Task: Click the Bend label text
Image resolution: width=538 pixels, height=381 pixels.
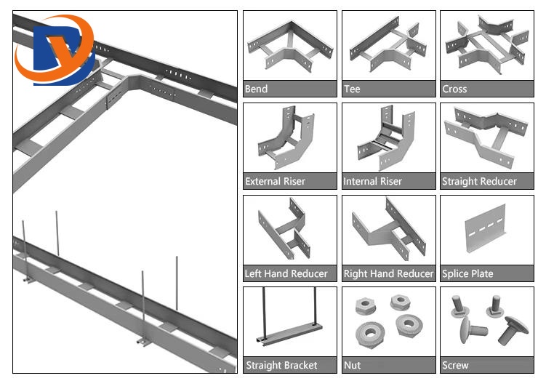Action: (x=256, y=89)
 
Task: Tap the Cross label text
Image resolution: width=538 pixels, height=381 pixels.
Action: (x=454, y=89)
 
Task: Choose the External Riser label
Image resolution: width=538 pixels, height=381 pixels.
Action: (x=275, y=182)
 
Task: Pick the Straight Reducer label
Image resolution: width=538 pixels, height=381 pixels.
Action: (x=479, y=182)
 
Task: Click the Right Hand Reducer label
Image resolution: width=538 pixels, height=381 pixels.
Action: (x=388, y=274)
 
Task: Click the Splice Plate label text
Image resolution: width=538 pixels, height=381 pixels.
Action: (x=467, y=274)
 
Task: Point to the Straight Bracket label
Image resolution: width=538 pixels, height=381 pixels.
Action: (x=281, y=366)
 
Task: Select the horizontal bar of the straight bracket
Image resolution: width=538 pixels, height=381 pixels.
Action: (x=289, y=340)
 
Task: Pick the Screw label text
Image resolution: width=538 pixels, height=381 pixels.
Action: (x=455, y=366)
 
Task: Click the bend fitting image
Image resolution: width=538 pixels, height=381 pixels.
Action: (x=288, y=47)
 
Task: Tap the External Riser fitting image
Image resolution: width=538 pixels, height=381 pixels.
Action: (x=284, y=138)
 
